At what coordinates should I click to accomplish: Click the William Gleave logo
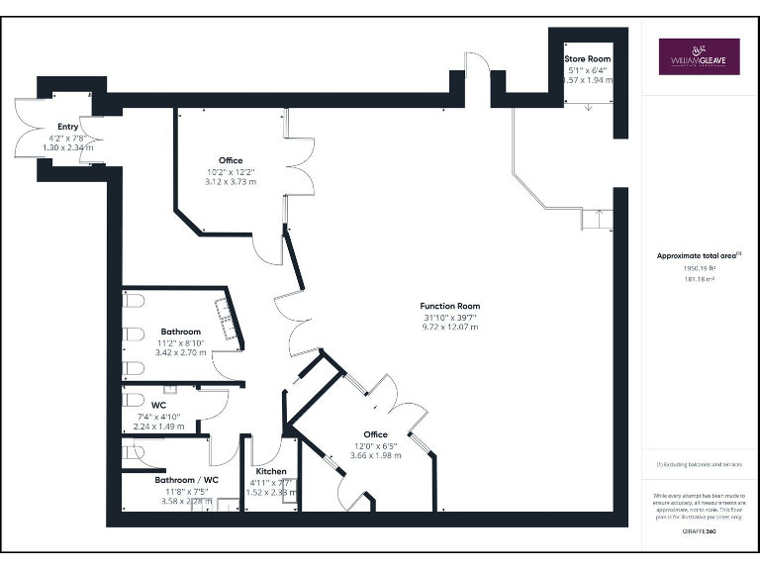pos(699,56)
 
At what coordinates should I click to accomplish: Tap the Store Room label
pos(588,59)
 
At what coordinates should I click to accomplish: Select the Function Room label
pos(449,306)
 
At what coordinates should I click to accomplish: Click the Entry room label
pos(67,127)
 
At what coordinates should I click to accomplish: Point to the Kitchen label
pos(270,471)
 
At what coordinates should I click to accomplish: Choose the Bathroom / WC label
pos(186,480)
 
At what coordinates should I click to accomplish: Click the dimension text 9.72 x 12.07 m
pos(449,327)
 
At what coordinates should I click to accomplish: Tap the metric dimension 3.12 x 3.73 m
pos(231,181)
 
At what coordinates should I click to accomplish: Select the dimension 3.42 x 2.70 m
pos(181,352)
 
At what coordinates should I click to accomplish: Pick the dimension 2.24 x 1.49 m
pos(158,426)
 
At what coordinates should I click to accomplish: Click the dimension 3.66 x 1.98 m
pos(375,455)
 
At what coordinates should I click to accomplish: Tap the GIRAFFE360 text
pos(699,532)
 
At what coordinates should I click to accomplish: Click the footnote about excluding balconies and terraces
pos(699,464)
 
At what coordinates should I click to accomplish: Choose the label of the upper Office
pos(231,160)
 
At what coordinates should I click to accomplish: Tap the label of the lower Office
pos(375,434)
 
